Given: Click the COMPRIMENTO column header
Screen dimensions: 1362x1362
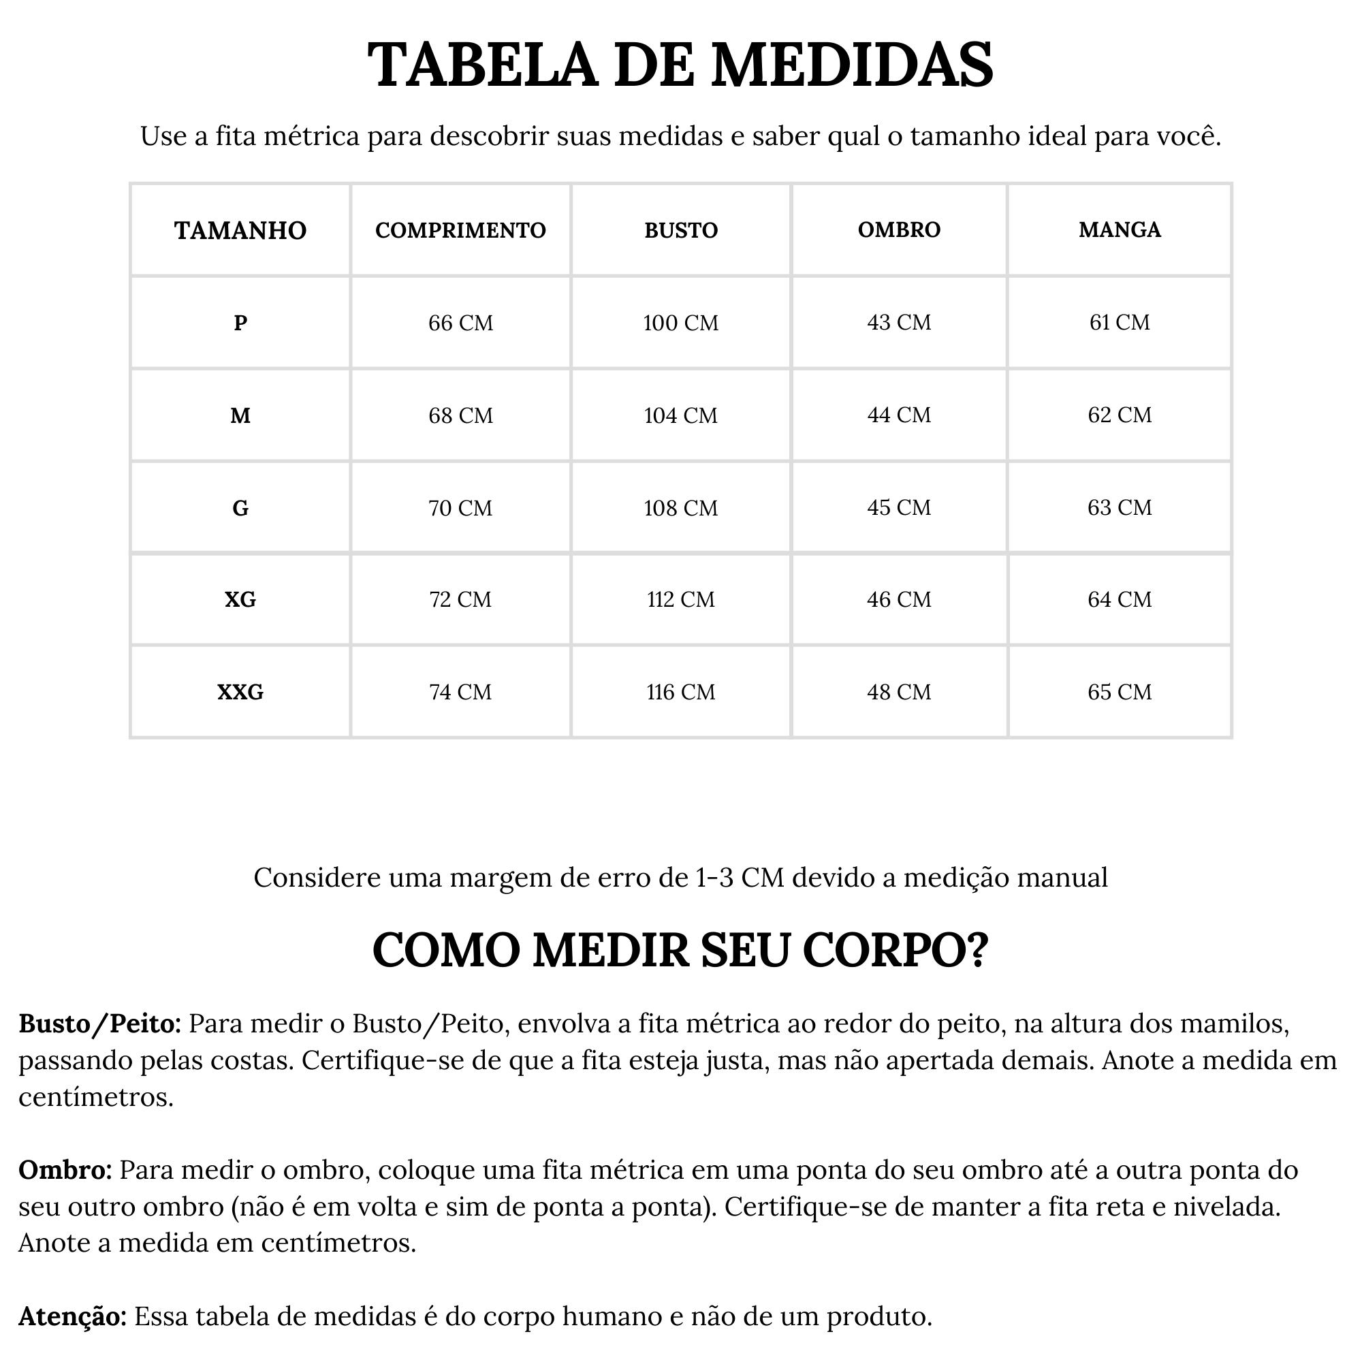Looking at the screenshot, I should (460, 229).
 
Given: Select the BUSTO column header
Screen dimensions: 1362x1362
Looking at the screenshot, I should (681, 229).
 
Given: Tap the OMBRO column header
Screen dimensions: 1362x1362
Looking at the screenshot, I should (899, 229).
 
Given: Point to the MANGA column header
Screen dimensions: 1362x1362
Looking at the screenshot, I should (1120, 229).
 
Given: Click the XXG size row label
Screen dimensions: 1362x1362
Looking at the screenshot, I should (240, 692).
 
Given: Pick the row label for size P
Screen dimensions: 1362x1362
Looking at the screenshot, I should (240, 323).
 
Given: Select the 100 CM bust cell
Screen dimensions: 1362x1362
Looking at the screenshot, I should (681, 323).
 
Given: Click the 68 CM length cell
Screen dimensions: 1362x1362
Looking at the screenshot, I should (460, 415).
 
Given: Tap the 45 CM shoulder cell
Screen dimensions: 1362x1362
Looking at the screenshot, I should (899, 507).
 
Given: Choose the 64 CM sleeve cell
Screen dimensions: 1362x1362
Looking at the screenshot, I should (1120, 599).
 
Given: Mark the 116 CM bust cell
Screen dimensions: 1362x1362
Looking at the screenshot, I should (681, 692).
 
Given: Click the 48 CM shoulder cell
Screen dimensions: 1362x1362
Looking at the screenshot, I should (899, 692).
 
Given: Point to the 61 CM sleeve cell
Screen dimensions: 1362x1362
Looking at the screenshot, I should (1120, 322).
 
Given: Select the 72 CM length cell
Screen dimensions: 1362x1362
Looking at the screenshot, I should (460, 599).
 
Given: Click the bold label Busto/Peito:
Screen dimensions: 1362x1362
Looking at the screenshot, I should (100, 1024).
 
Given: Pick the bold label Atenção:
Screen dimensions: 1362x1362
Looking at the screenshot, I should (72, 1316).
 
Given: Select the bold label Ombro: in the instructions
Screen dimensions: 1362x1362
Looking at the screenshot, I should (65, 1169).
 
